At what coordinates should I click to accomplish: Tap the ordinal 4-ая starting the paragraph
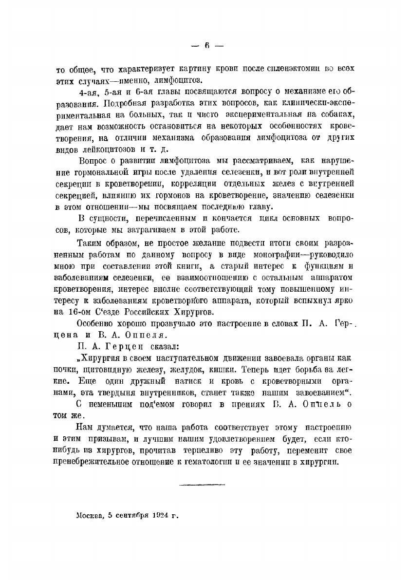pyautogui.click(x=89, y=92)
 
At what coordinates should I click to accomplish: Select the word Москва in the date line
pyautogui.click(x=91, y=515)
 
